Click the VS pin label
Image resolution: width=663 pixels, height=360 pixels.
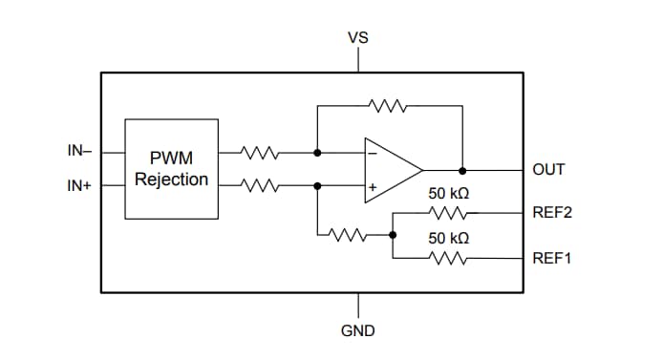pos(358,38)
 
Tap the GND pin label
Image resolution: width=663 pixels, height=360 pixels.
pos(358,330)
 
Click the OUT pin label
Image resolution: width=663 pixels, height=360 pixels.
pos(549,170)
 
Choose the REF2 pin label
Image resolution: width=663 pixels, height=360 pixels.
pos(552,213)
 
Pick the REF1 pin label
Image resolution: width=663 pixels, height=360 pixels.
pos(552,257)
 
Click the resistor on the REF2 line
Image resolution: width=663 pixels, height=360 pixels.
pos(447,213)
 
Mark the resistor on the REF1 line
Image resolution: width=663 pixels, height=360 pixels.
pos(447,257)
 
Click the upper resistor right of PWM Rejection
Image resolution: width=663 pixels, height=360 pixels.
pos(258,151)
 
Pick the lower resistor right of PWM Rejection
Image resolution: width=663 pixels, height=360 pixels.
pos(258,186)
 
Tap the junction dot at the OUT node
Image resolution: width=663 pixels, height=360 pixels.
pos(462,170)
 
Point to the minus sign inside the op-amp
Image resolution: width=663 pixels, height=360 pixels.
pos(372,152)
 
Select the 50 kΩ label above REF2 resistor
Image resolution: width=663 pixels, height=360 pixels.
pos(449,194)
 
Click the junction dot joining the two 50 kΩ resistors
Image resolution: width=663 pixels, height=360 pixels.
pos(394,234)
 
